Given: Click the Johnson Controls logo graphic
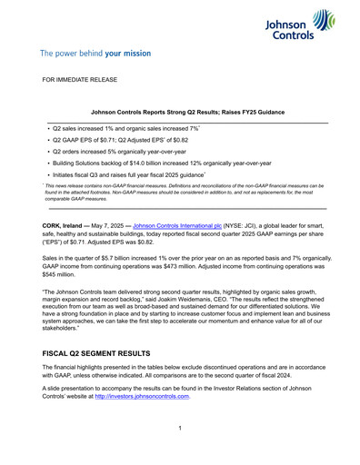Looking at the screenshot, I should (305, 25).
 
